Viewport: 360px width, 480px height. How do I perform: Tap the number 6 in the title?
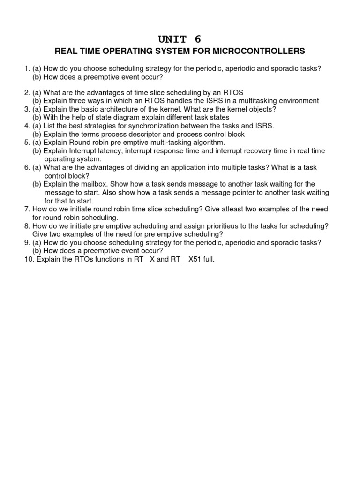tap(198, 39)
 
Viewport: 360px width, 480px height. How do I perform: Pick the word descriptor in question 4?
tap(134, 134)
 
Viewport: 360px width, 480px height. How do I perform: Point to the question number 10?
tap(29, 259)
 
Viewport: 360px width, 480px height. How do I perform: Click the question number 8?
tap(27, 226)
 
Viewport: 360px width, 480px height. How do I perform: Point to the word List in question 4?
tap(50, 126)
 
